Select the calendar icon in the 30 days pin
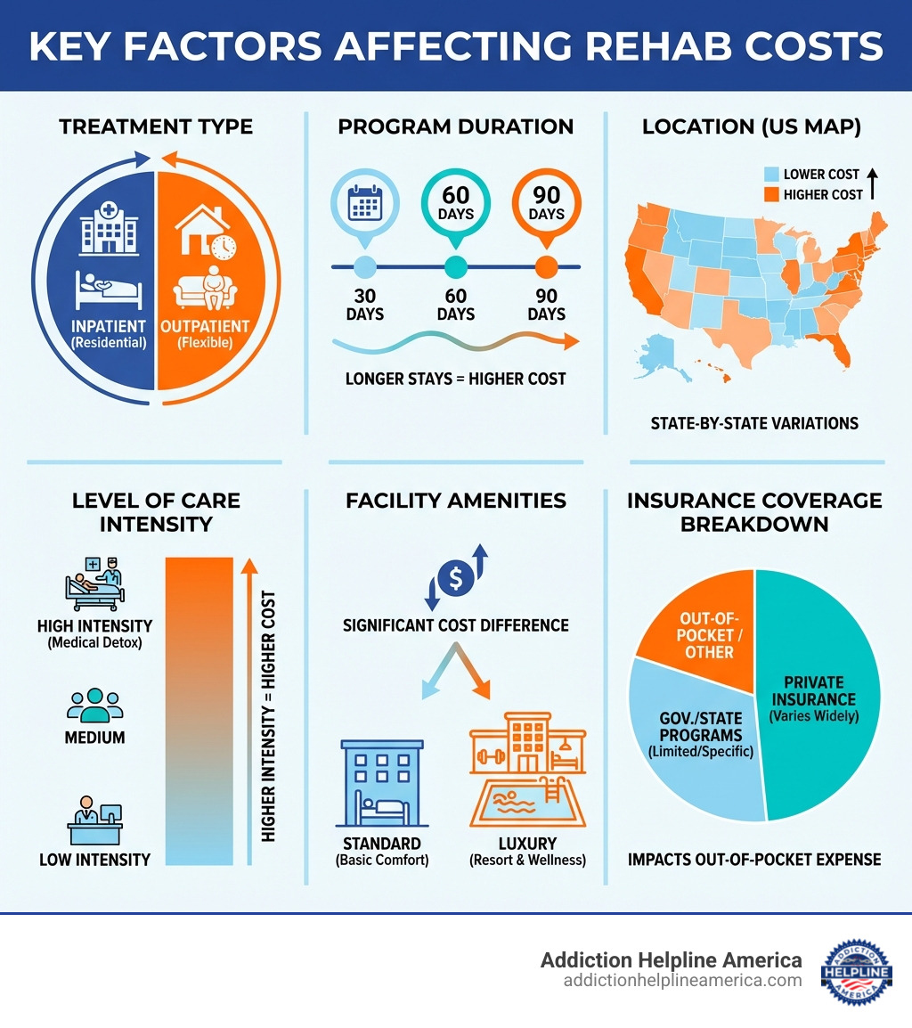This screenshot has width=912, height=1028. click(x=365, y=204)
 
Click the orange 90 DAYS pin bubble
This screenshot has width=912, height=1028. click(x=546, y=204)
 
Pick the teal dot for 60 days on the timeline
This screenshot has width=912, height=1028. click(x=455, y=265)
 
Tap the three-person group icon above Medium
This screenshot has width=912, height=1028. click(x=94, y=705)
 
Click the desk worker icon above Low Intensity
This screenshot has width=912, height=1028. click(x=94, y=823)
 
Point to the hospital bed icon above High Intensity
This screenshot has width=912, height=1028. click(x=94, y=584)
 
